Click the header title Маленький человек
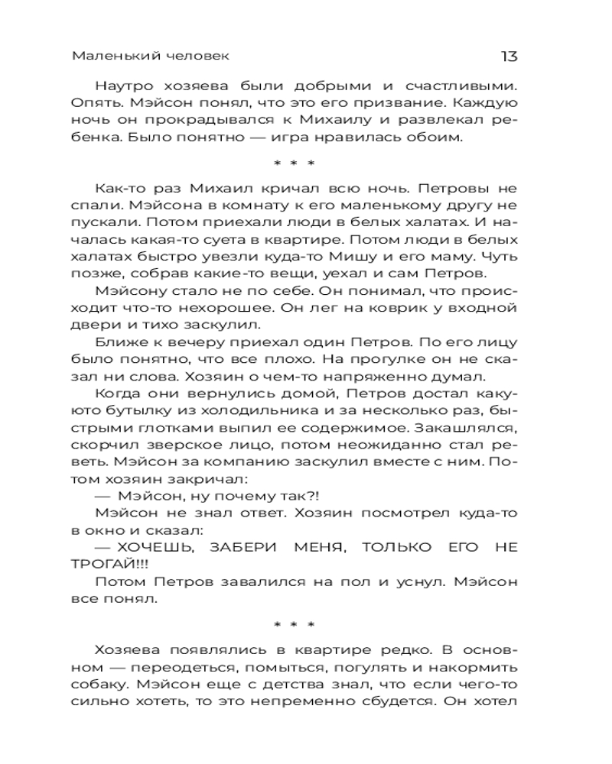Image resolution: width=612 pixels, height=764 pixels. click(150, 57)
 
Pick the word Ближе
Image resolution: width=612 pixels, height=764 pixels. click(121, 343)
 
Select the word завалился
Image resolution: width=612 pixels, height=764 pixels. click(272, 582)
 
